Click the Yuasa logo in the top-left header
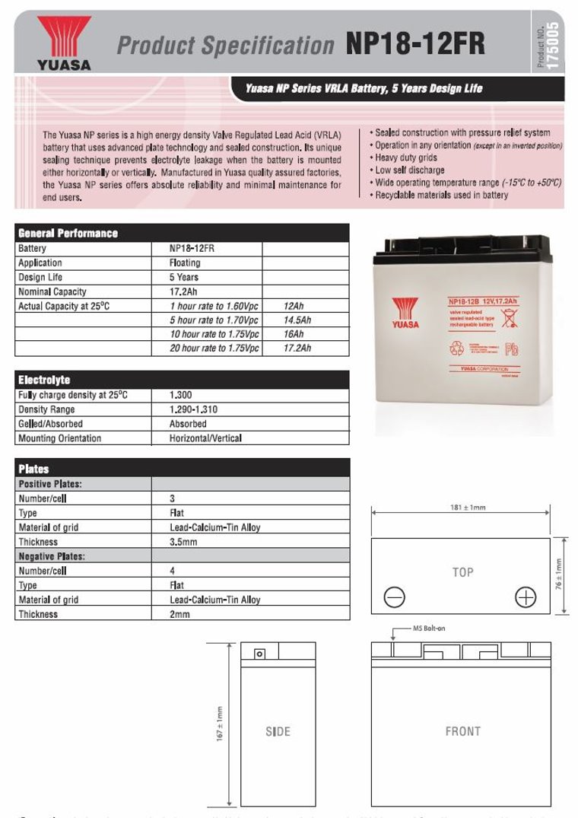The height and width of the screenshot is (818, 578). click(x=63, y=43)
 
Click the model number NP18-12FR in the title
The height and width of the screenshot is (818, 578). click(x=415, y=44)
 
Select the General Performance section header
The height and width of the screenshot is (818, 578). click(x=68, y=233)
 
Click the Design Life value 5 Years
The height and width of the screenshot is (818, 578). click(x=183, y=277)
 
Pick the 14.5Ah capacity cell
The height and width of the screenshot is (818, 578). click(x=297, y=320)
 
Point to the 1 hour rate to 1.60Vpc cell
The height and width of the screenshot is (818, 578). click(x=214, y=306)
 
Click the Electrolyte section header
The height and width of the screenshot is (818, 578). click(x=44, y=380)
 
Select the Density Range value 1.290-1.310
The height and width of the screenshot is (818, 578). click(x=193, y=409)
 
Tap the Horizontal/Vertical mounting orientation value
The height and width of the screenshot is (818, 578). click(x=205, y=438)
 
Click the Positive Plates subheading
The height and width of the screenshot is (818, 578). click(x=50, y=484)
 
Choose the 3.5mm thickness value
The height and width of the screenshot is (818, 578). click(x=183, y=542)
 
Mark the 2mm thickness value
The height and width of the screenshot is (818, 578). click(x=179, y=614)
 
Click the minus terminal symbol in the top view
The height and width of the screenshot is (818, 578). click(x=394, y=597)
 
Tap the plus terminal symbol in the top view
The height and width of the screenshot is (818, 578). click(x=526, y=597)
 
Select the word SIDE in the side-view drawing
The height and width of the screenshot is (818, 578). click(x=278, y=731)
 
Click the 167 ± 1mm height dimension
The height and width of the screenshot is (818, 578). click(x=220, y=724)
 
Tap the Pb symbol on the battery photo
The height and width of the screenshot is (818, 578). click(x=513, y=350)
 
